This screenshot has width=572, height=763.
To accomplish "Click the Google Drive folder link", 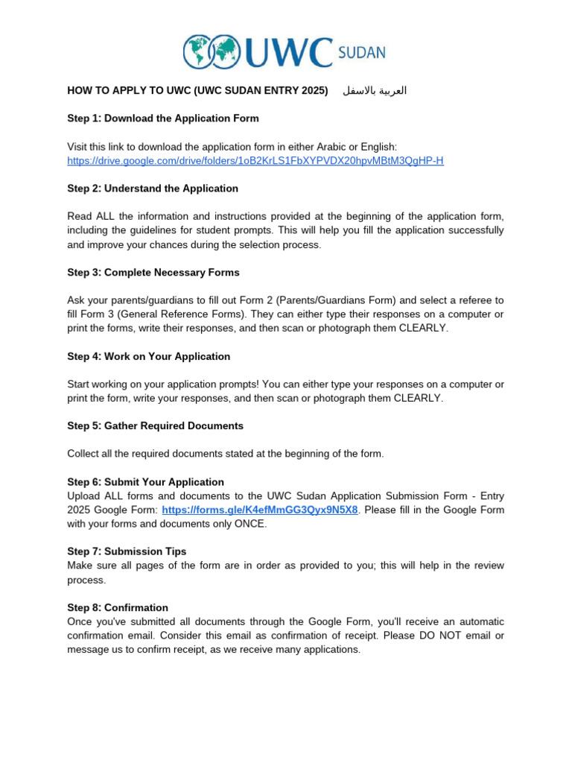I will pos(255,161).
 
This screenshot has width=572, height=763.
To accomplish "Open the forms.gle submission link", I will pos(259,510).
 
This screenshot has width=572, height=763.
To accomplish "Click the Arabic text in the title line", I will pos(375,91).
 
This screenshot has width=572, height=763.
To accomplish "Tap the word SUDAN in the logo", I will pos(362,53).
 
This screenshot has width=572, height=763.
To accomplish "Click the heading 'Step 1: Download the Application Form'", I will pos(163,118).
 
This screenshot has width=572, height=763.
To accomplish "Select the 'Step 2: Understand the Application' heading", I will pos(153,189).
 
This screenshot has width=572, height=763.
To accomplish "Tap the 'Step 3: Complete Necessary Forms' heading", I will pos(153,273).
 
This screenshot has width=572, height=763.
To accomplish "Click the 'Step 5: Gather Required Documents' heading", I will pos(155,426).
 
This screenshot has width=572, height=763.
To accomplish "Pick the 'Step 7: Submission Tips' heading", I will pos(127,551).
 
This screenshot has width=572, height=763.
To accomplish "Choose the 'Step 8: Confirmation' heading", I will pos(118,608).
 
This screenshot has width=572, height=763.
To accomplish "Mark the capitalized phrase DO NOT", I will pos(442,636).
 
